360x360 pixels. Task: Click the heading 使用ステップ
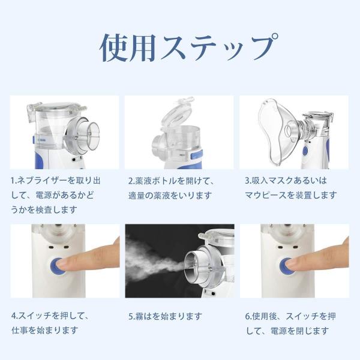(x=189, y=47)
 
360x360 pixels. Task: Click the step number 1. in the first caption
(x=14, y=181)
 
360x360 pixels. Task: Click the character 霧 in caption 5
(x=139, y=316)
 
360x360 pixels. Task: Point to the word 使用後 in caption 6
(x=265, y=316)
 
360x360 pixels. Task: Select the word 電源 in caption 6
(x=279, y=331)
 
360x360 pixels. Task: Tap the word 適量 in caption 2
(x=137, y=196)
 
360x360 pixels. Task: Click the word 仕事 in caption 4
(x=20, y=331)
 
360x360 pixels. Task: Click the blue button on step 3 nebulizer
(x=305, y=151)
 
